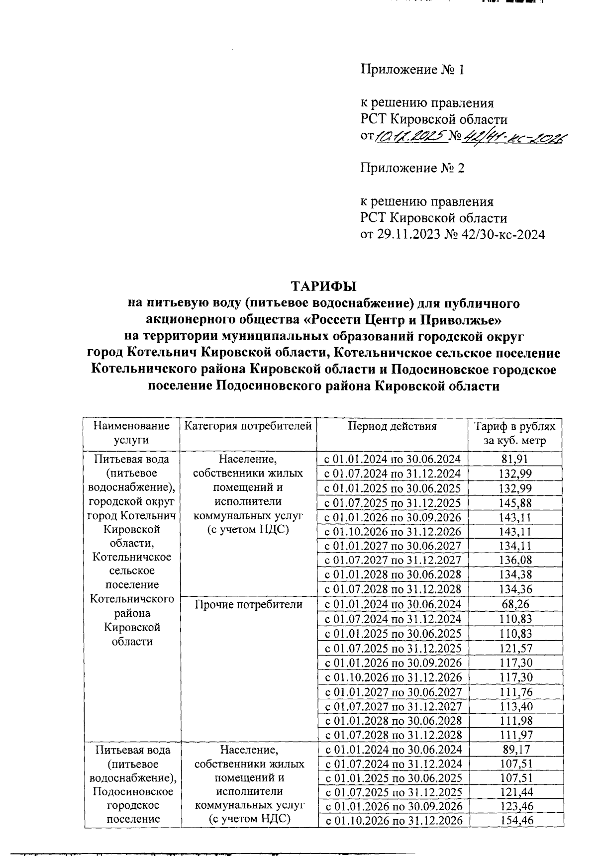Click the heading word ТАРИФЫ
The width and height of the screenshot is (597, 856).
tap(324, 286)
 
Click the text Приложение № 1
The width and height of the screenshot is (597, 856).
tap(412, 70)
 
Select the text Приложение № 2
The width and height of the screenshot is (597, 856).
tap(412, 168)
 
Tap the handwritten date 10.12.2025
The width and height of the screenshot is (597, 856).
tap(411, 136)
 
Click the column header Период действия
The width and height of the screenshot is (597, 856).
tap(392, 426)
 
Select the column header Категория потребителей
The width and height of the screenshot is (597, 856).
tap(248, 426)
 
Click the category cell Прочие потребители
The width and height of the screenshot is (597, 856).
tap(248, 605)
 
